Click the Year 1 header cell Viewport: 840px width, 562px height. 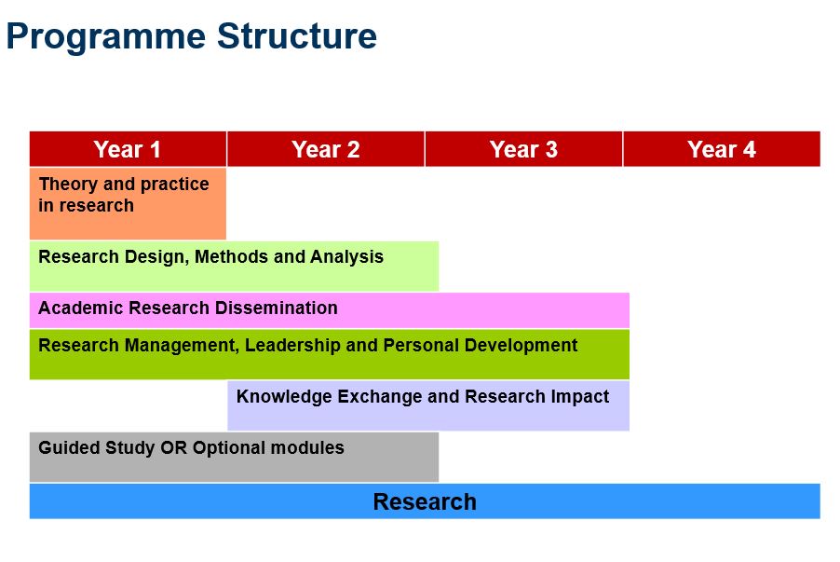[x=128, y=148]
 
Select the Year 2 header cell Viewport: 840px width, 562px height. [x=326, y=148]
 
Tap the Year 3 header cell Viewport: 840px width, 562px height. [x=524, y=148]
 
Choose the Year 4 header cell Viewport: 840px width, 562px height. [x=722, y=148]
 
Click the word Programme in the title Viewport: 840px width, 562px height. [x=106, y=37]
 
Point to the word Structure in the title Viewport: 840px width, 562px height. [x=297, y=35]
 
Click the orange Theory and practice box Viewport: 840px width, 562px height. [x=128, y=203]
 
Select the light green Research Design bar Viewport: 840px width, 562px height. [x=234, y=267]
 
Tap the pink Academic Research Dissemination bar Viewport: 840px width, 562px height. [x=330, y=310]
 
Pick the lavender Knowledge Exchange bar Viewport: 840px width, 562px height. [x=428, y=405]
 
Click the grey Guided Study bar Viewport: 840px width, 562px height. [x=234, y=457]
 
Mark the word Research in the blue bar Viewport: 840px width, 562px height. [x=425, y=502]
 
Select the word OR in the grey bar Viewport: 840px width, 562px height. [x=173, y=447]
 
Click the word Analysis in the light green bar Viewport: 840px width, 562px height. [x=346, y=257]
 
